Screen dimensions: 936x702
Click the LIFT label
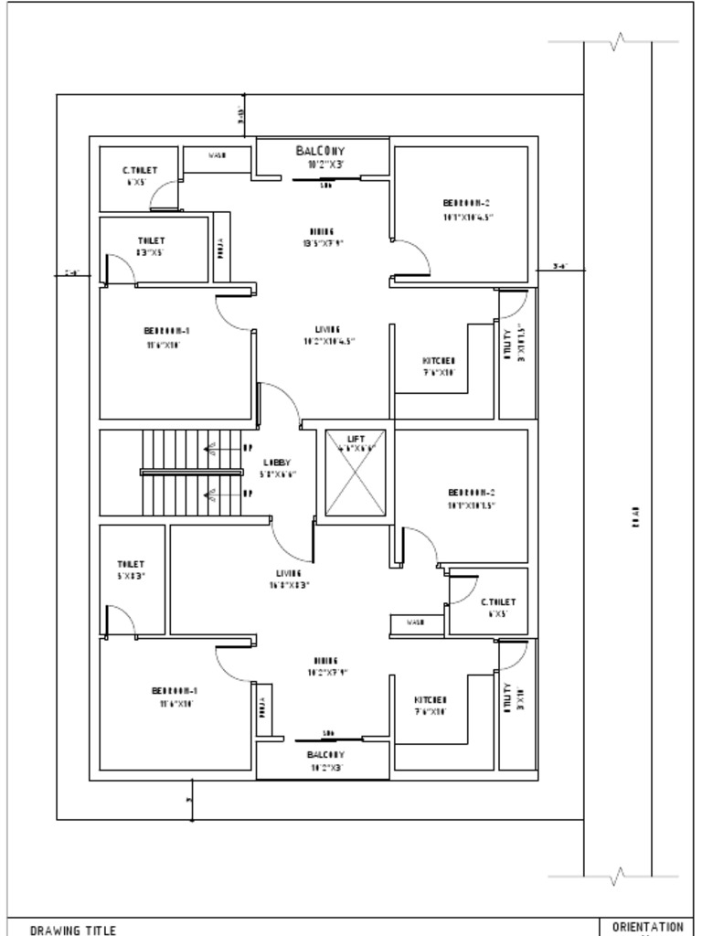coord(356,440)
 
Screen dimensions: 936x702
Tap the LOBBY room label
coord(276,463)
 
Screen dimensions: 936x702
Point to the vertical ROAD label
coord(636,516)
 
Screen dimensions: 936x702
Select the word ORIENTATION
coord(647,926)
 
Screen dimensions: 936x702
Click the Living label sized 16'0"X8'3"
coord(289,573)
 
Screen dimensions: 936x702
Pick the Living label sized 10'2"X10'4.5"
coord(328,330)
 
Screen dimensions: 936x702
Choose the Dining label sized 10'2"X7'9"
coord(326,660)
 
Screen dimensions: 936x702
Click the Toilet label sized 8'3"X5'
coord(152,241)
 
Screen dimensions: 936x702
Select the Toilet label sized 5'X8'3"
coord(130,564)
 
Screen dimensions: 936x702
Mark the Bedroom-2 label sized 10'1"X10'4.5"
coord(468,203)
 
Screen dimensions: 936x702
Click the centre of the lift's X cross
coord(356,473)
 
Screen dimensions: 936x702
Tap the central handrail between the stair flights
coord(192,473)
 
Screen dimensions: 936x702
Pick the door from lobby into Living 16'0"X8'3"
coord(292,545)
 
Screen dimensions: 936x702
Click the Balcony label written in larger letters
coord(320,150)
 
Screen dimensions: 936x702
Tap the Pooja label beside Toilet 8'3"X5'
coord(220,247)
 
